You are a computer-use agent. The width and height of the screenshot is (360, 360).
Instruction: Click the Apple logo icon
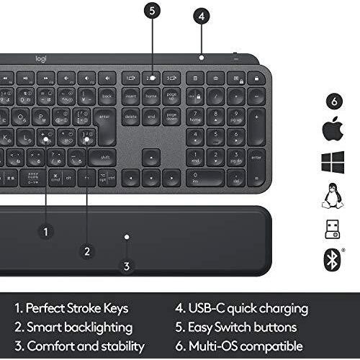331,130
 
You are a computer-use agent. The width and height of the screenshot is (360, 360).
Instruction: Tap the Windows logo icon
331,162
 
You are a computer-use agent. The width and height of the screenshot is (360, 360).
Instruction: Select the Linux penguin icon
331,195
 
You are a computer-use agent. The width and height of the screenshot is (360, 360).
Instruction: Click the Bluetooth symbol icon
331,258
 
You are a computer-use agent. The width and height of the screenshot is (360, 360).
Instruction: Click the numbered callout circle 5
152,11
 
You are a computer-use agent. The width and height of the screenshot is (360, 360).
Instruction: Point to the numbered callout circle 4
202,15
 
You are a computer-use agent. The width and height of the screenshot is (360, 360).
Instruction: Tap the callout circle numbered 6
331,100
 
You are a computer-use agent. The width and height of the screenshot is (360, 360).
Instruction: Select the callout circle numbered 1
46,231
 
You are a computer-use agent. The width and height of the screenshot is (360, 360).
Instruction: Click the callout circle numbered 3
127,266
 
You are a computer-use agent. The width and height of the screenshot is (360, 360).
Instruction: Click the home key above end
151,96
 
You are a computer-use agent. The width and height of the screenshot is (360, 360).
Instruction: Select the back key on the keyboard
107,96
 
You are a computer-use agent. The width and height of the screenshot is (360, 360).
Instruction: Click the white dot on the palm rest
126,235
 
